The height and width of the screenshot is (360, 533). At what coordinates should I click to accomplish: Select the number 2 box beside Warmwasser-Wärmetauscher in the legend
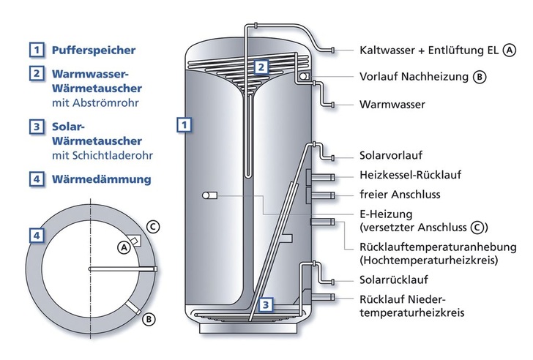[35, 74]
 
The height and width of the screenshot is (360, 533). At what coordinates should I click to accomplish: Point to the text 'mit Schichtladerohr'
[102, 156]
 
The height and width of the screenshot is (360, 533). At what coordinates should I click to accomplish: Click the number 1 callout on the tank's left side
[186, 124]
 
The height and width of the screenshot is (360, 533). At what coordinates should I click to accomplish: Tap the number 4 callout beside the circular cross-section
[35, 235]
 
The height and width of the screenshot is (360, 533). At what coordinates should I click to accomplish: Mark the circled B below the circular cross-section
[147, 318]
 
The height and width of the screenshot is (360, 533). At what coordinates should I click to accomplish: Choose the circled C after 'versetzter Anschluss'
[477, 227]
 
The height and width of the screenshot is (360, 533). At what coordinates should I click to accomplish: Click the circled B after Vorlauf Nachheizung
[480, 76]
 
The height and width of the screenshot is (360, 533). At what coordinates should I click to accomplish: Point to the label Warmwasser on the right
[392, 105]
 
